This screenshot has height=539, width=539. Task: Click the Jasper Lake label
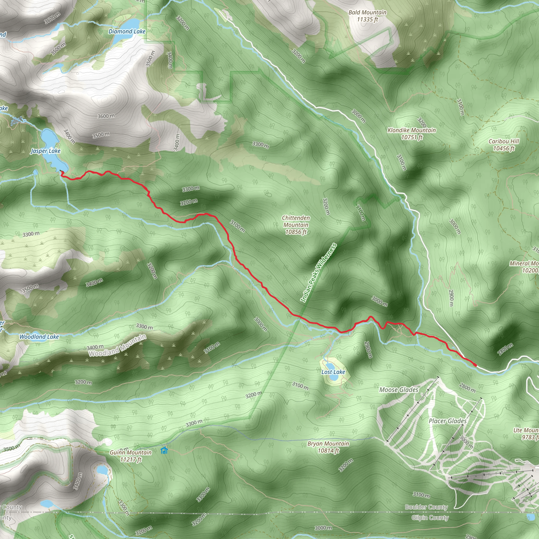pyautogui.click(x=46, y=151)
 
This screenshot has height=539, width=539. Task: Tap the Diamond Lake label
pyautogui.click(x=127, y=32)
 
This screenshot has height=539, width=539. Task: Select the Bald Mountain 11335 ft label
pyautogui.click(x=367, y=16)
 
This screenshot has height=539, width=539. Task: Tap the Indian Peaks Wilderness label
pyautogui.click(x=318, y=273)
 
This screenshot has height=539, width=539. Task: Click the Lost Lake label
pyautogui.click(x=333, y=372)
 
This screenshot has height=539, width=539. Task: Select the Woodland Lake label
pyautogui.click(x=39, y=337)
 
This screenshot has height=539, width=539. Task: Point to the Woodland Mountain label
pyautogui.click(x=117, y=345)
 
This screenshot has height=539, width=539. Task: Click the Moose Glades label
pyautogui.click(x=399, y=390)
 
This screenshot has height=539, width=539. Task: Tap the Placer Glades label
pyautogui.click(x=447, y=421)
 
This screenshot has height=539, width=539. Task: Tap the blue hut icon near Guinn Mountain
pyautogui.click(x=164, y=450)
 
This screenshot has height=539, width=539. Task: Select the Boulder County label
pyautogui.click(x=426, y=507)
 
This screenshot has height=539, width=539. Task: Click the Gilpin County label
pyautogui.click(x=430, y=518)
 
